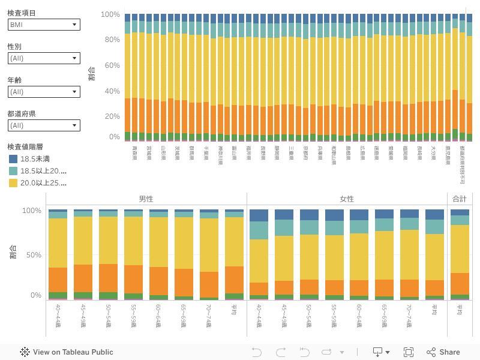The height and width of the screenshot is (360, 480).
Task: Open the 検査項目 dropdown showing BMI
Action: pos(44,25)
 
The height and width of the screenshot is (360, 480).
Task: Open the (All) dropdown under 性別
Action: pos(44,58)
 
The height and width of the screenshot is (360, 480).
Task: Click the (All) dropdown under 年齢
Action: pos(44,92)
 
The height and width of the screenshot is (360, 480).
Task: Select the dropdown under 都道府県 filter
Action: pos(44,125)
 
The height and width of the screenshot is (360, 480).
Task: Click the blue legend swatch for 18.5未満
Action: pos(13,159)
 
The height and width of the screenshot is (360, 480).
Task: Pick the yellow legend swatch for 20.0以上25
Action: pos(13,183)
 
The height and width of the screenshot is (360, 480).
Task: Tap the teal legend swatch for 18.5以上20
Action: pos(13,171)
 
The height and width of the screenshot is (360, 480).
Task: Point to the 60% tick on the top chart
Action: pos(111,65)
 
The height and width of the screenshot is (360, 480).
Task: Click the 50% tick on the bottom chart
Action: pos(32,255)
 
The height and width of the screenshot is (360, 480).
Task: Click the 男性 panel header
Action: pos(146,199)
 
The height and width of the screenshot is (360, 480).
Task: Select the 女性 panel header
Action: pos(347,199)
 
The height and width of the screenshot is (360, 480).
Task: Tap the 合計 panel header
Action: pos(460,199)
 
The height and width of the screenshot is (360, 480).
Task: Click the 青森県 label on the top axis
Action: pos(134,153)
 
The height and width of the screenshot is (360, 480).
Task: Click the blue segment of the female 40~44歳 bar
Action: pos(259,215)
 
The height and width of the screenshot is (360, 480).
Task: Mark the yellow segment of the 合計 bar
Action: pos(460,249)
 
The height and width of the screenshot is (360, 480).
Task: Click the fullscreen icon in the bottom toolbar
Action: pos(409,352)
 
